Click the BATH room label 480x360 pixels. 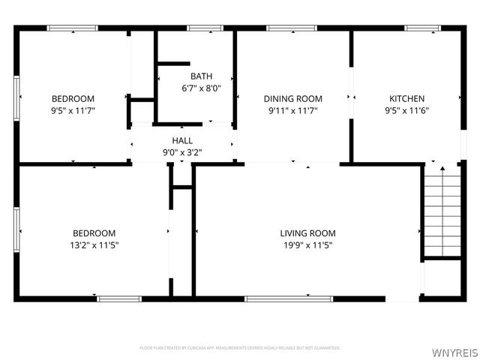201,76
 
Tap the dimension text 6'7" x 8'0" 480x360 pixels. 201,88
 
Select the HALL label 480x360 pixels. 182,140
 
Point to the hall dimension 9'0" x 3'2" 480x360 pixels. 182,152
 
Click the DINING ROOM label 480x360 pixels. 292,98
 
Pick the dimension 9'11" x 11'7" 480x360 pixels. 292,110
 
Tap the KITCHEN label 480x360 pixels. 406,98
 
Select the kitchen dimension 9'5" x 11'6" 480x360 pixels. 406,110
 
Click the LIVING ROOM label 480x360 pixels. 307,233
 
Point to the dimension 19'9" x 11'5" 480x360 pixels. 307,245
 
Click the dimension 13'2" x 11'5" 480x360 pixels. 94,245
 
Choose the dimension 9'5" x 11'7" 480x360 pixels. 73,110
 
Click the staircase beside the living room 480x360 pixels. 442,211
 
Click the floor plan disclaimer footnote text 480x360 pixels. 240,348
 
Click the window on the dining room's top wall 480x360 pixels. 291,28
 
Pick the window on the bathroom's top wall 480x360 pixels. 199,28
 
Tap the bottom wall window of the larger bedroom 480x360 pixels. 119,298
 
